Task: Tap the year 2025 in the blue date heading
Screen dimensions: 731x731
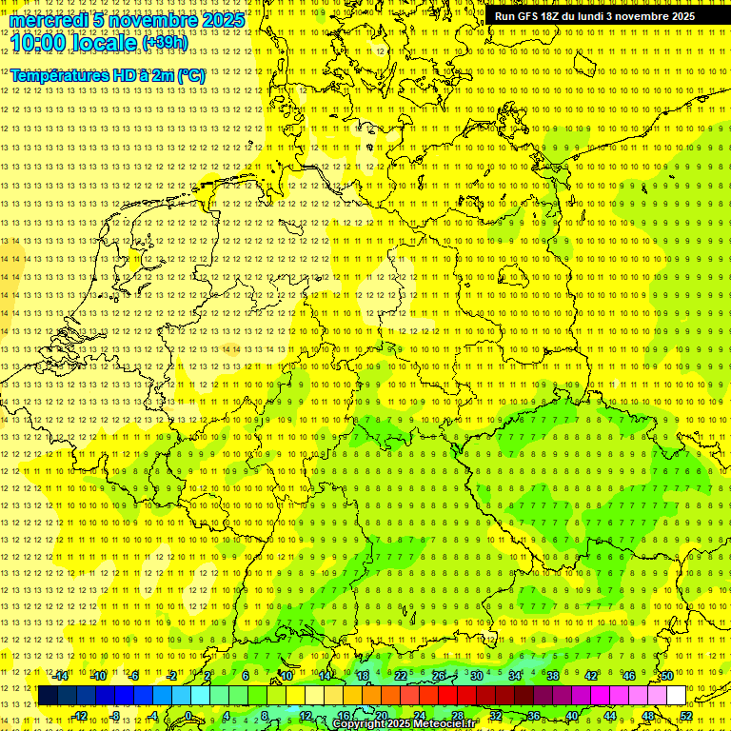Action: (223, 21)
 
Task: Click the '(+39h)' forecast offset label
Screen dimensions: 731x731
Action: (164, 43)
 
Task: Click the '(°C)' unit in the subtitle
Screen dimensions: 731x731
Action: (189, 75)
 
